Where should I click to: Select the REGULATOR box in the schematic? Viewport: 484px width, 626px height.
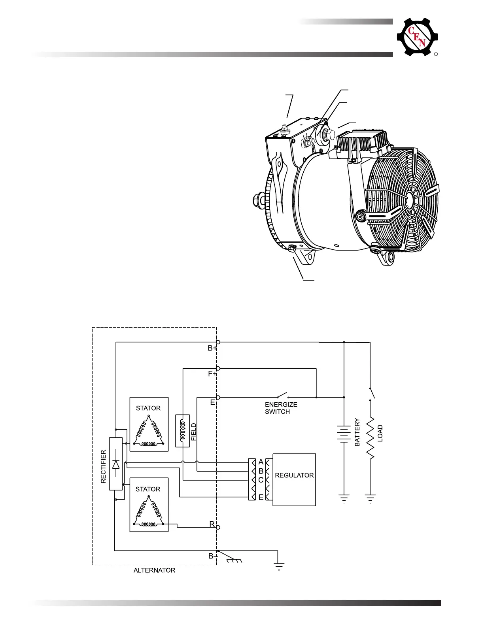pyautogui.click(x=294, y=479)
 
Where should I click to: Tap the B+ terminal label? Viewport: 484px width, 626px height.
pyautogui.click(x=212, y=349)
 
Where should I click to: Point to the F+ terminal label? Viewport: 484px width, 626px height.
pyautogui.click(x=212, y=374)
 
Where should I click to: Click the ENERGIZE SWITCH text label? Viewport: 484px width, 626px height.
pyautogui.click(x=281, y=408)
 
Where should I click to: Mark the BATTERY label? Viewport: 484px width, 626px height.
pyautogui.click(x=357, y=432)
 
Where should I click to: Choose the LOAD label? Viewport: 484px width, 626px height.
pyautogui.click(x=380, y=433)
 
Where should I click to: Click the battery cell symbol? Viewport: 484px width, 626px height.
pyautogui.click(x=344, y=433)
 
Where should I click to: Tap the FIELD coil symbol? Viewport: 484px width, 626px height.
pyautogui.click(x=183, y=431)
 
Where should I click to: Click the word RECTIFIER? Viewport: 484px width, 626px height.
pyautogui.click(x=104, y=466)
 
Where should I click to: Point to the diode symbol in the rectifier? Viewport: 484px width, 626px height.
pyautogui.click(x=116, y=464)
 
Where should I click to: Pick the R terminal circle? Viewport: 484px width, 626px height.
pyautogui.click(x=218, y=527)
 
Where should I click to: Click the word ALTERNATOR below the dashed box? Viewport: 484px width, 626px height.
pyautogui.click(x=154, y=570)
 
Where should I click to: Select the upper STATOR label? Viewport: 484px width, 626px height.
pyautogui.click(x=148, y=408)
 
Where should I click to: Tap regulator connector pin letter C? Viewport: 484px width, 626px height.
pyautogui.click(x=261, y=480)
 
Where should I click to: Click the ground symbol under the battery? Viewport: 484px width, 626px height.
pyautogui.click(x=344, y=499)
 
